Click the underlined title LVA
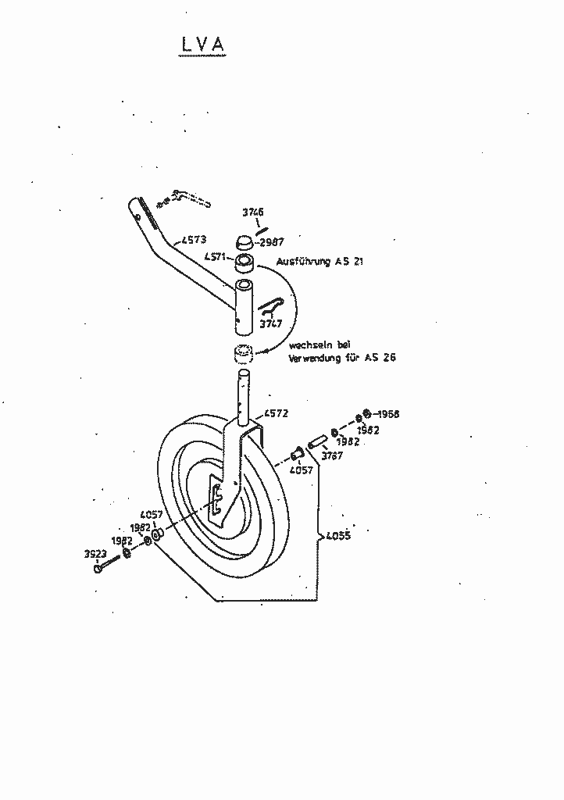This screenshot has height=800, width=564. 202,46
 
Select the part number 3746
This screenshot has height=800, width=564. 252,212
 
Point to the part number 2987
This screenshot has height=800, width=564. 273,242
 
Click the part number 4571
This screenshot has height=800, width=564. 216,256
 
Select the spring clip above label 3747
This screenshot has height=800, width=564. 273,304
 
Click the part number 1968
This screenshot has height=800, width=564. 387,414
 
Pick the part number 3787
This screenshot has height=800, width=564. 333,456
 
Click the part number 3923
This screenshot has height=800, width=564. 95,554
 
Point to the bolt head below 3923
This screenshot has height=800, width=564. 98,568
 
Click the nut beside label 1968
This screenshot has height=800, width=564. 366,414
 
